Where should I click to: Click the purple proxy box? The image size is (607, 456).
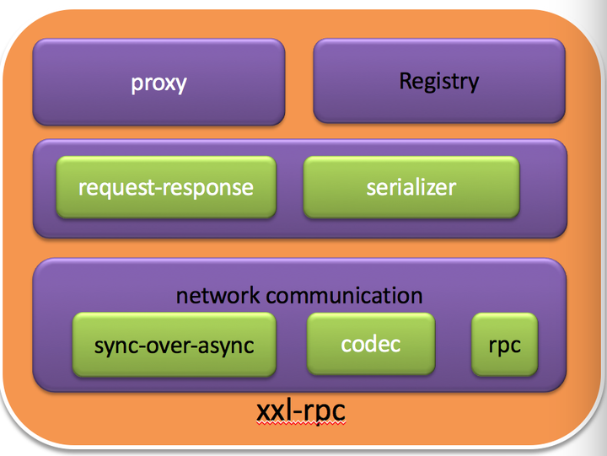pyautogui.click(x=158, y=83)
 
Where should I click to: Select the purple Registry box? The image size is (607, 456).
pyautogui.click(x=438, y=81)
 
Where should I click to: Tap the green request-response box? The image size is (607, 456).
pyautogui.click(x=165, y=187)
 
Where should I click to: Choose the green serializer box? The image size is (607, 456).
pyautogui.click(x=411, y=187)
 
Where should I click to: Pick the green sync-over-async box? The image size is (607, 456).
pyautogui.click(x=174, y=345)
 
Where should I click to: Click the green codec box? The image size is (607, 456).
pyautogui.click(x=370, y=344)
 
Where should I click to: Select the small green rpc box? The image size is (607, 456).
pyautogui.click(x=504, y=345)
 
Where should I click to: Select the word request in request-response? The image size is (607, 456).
pyautogui.click(x=110, y=187)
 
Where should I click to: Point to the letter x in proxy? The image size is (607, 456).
pyautogui.click(x=168, y=83)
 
